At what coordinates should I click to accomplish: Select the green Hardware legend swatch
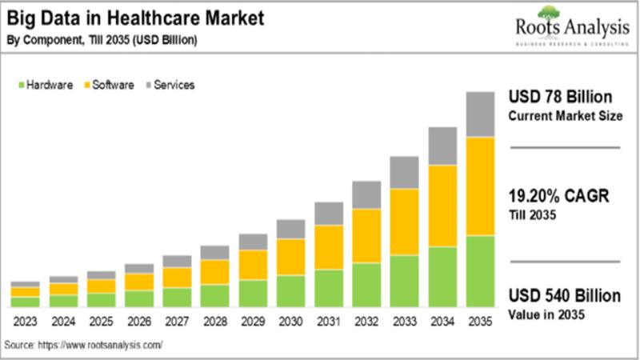(x=20, y=84)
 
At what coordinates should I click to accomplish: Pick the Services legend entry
(x=169, y=84)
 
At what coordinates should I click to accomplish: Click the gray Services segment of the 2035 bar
(x=479, y=114)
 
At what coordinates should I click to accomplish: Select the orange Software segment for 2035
(x=479, y=186)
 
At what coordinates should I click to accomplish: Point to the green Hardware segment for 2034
(x=442, y=276)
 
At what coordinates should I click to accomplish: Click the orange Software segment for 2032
(x=366, y=235)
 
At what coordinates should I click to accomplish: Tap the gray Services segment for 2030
(x=290, y=229)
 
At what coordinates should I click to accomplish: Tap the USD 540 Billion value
(x=565, y=297)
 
